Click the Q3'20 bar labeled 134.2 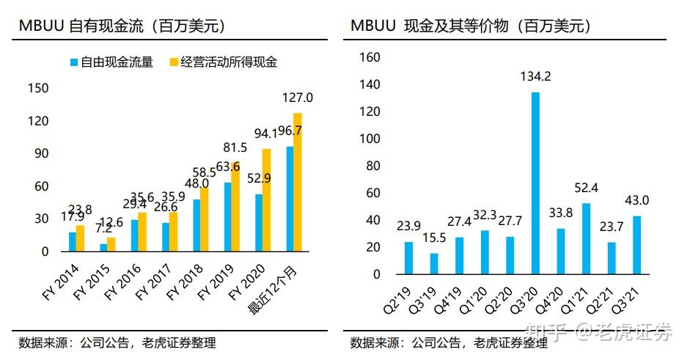(535, 183)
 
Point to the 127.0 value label (298, 98)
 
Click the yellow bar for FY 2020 (267, 200)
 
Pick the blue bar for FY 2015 (103, 247)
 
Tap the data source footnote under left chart (117, 343)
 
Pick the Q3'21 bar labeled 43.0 (636, 245)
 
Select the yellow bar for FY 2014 (80, 238)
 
